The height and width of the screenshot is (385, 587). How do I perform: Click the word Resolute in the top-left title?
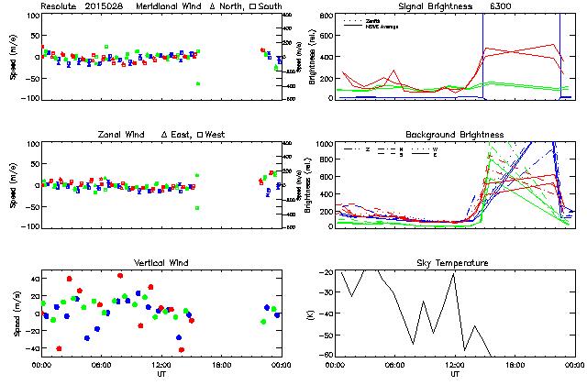(x=60, y=6)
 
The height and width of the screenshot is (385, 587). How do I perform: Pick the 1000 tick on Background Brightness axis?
(x=325, y=145)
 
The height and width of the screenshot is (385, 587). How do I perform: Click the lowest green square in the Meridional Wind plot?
(x=197, y=84)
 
